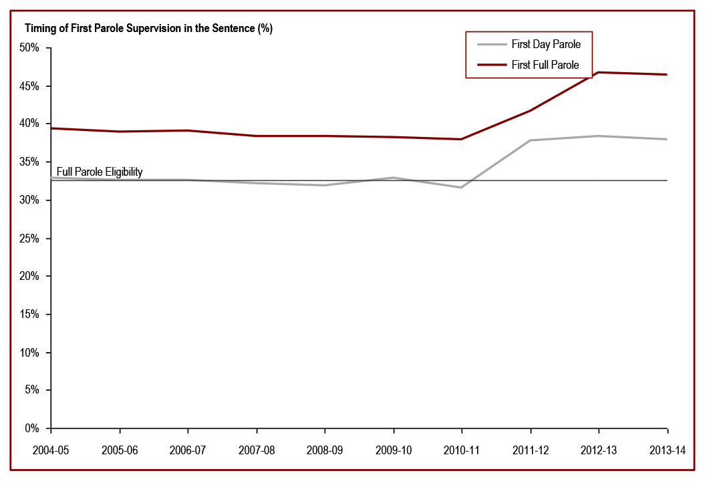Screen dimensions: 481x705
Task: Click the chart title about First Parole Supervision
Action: click(x=148, y=29)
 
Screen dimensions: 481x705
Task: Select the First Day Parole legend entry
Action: click(x=545, y=45)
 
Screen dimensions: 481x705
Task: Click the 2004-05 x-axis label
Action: click(x=51, y=450)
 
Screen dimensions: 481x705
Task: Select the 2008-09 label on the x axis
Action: click(x=325, y=450)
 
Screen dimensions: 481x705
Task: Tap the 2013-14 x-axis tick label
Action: click(x=667, y=450)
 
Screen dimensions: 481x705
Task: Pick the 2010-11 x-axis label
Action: click(x=462, y=450)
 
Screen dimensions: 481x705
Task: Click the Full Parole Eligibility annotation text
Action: click(x=100, y=172)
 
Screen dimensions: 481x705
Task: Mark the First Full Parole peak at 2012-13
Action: click(x=599, y=72)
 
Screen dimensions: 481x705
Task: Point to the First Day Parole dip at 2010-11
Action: click(x=462, y=187)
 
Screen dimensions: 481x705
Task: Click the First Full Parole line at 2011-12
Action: click(x=530, y=110)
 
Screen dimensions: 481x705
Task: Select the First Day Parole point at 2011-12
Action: click(x=530, y=140)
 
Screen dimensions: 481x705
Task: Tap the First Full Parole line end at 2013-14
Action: click(x=667, y=74)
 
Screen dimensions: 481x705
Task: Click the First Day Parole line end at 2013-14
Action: click(x=667, y=139)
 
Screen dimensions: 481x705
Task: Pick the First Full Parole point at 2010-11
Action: click(x=462, y=139)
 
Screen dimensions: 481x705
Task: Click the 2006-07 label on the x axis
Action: click(x=188, y=450)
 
